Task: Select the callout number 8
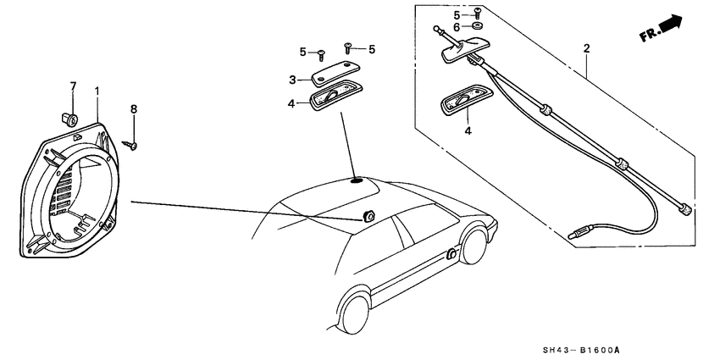tap(133, 108)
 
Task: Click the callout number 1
tap(97, 90)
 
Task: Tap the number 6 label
tap(457, 28)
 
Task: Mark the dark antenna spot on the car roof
tap(356, 179)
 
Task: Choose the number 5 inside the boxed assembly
tap(457, 14)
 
